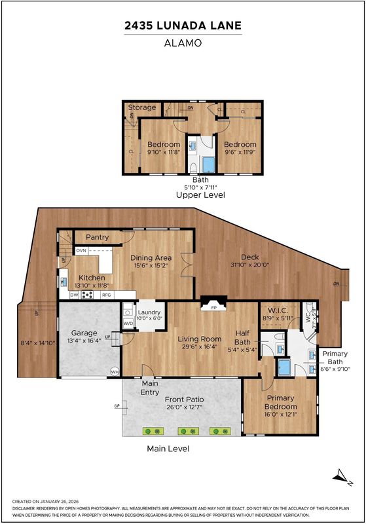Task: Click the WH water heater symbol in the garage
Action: click(x=115, y=371)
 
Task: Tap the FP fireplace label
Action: click(x=213, y=308)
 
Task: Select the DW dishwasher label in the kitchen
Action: click(x=74, y=295)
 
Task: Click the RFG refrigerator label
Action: click(x=106, y=295)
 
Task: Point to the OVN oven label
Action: click(x=81, y=250)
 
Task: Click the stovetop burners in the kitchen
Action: click(x=87, y=295)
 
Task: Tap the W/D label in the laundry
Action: click(x=128, y=324)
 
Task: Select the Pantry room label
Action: click(x=97, y=237)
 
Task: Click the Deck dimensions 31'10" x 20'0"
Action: click(x=250, y=265)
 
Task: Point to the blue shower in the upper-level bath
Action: click(x=209, y=165)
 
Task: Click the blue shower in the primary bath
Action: click(x=284, y=367)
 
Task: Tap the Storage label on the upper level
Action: click(x=142, y=107)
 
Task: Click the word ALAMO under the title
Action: click(x=183, y=43)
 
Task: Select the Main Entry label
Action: click(x=149, y=388)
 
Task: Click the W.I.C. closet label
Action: click(x=278, y=310)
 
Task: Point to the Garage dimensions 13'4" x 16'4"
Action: click(x=84, y=341)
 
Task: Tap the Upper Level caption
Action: click(x=201, y=195)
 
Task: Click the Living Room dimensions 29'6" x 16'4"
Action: click(x=200, y=346)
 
